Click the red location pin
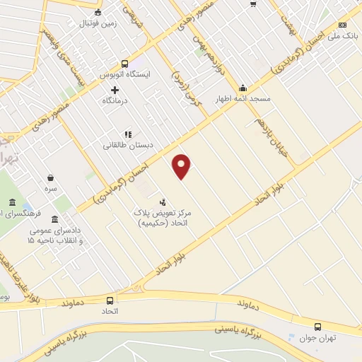tap(182, 165)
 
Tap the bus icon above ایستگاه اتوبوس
tap(125, 62)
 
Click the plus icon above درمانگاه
tap(115, 90)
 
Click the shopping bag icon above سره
tap(50, 177)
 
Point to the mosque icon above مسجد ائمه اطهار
tap(243, 88)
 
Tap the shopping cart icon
tap(253, 4)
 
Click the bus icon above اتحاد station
tap(109, 300)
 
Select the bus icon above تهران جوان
tap(317, 327)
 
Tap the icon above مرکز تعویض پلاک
tap(163, 202)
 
